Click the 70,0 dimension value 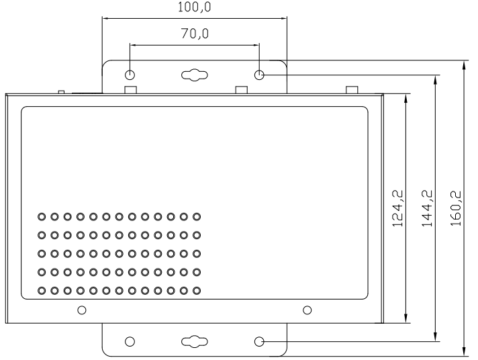tap(194, 34)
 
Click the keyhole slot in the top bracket tap(195, 75)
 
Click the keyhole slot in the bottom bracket tap(195, 341)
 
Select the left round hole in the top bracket tap(130, 75)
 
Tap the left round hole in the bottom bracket tap(130, 341)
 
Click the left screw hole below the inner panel tap(82, 310)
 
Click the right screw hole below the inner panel tap(307, 310)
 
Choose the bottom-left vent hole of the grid tap(42, 291)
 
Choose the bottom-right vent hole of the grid tap(197, 291)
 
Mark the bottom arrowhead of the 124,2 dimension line tap(406, 319)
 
